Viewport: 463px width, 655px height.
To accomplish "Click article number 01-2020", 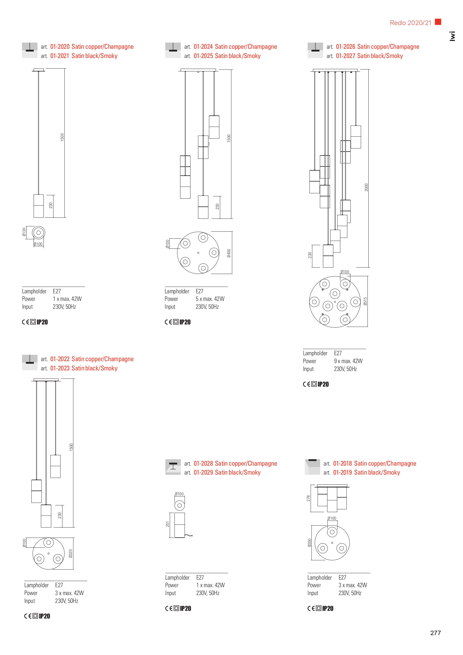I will coord(60,47).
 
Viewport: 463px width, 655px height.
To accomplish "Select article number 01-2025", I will coord(203,56).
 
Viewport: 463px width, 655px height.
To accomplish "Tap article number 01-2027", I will coord(345,56).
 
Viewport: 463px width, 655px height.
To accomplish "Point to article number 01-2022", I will coord(60,359).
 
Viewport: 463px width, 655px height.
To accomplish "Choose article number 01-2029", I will coord(203,472).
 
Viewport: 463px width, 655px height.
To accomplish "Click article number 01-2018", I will coord(342,463).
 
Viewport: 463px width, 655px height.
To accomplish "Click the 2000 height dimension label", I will coord(366,187).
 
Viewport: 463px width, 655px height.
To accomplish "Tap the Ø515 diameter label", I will coord(365,301).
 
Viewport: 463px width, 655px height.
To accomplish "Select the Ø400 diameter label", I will coord(229,253).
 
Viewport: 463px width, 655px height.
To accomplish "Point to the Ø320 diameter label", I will coord(71,553).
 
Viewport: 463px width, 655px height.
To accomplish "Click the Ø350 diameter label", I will coord(310,543).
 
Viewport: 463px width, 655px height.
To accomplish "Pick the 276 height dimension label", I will coord(308,498).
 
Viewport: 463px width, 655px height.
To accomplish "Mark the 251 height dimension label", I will coord(167,524).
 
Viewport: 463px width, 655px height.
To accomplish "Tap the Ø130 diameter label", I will coord(24,232).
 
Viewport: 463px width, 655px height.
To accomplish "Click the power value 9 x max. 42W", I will coord(348,361).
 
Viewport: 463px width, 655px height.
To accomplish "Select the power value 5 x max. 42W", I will coord(210,299).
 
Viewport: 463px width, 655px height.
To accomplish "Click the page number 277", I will coord(435,633).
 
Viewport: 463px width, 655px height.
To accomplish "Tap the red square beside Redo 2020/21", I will coord(438,22).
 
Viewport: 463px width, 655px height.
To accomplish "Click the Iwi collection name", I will coord(452,36).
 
